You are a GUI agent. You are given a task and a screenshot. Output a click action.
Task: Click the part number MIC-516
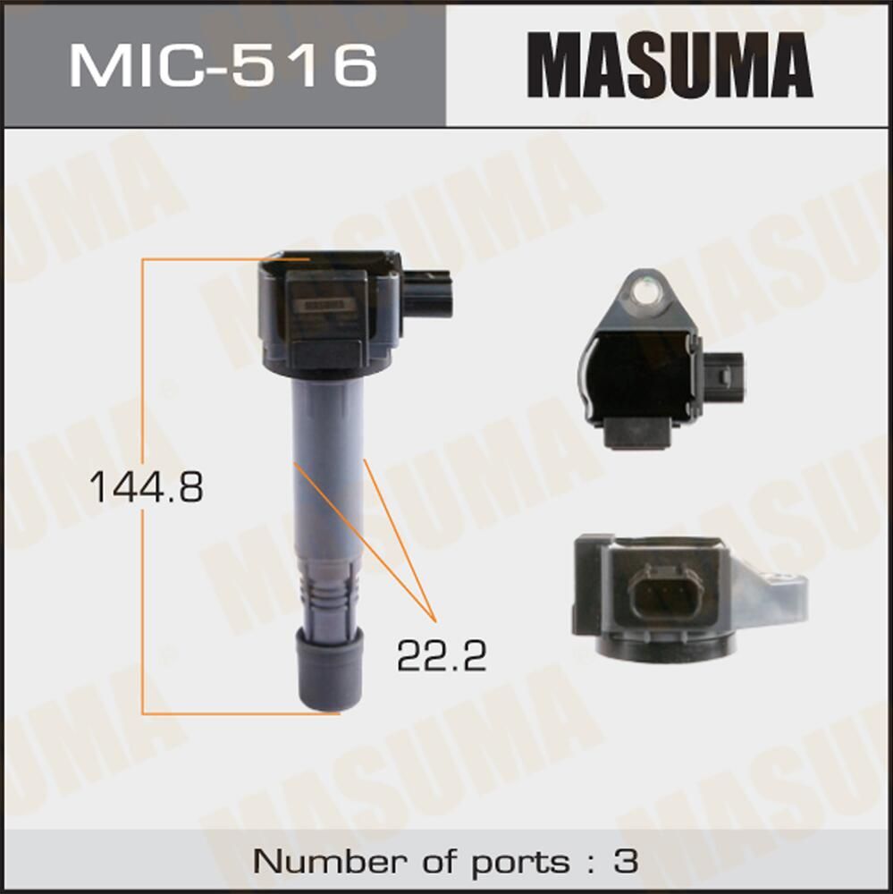pos(223,64)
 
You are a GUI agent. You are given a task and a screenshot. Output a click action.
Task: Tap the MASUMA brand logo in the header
pos(670,64)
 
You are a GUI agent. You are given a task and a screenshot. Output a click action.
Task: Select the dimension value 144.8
pos(147,487)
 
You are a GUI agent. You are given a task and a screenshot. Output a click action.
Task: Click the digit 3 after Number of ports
pos(627,862)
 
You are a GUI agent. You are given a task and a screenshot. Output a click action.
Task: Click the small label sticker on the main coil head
pos(324,304)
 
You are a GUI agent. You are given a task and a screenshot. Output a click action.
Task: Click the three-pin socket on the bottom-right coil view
pos(662,592)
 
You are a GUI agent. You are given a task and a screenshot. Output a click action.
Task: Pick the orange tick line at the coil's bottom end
pos(241,713)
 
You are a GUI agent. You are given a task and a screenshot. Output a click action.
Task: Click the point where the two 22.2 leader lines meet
pos(434,620)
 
